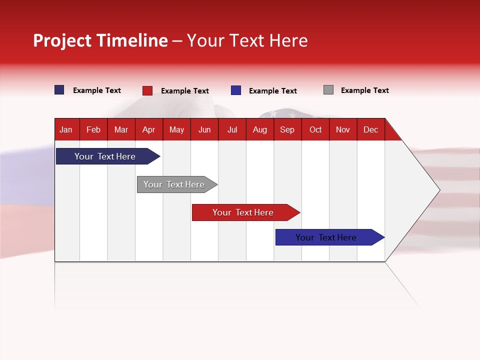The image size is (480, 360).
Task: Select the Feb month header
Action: pos(93,129)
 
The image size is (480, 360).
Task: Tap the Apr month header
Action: pos(149,129)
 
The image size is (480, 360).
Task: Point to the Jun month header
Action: pos(204,129)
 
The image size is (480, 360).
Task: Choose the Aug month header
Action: pos(260,129)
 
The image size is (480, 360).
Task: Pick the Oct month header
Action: pos(315,129)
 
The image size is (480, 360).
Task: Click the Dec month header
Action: pos(370,129)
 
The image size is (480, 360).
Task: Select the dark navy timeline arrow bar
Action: pos(108,156)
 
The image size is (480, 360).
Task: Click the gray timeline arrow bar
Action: pos(177,184)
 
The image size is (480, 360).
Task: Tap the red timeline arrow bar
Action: pos(246,212)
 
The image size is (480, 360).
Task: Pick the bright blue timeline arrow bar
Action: pos(330,237)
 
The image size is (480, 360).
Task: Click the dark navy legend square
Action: pos(59,89)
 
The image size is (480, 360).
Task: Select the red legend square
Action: pos(147,90)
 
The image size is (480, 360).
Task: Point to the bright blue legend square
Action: pos(235,90)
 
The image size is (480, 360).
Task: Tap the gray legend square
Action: pos(328,89)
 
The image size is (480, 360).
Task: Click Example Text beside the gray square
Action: pos(365,90)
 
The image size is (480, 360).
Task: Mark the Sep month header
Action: pos(287,129)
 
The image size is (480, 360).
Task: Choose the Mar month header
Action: pos(121,129)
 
